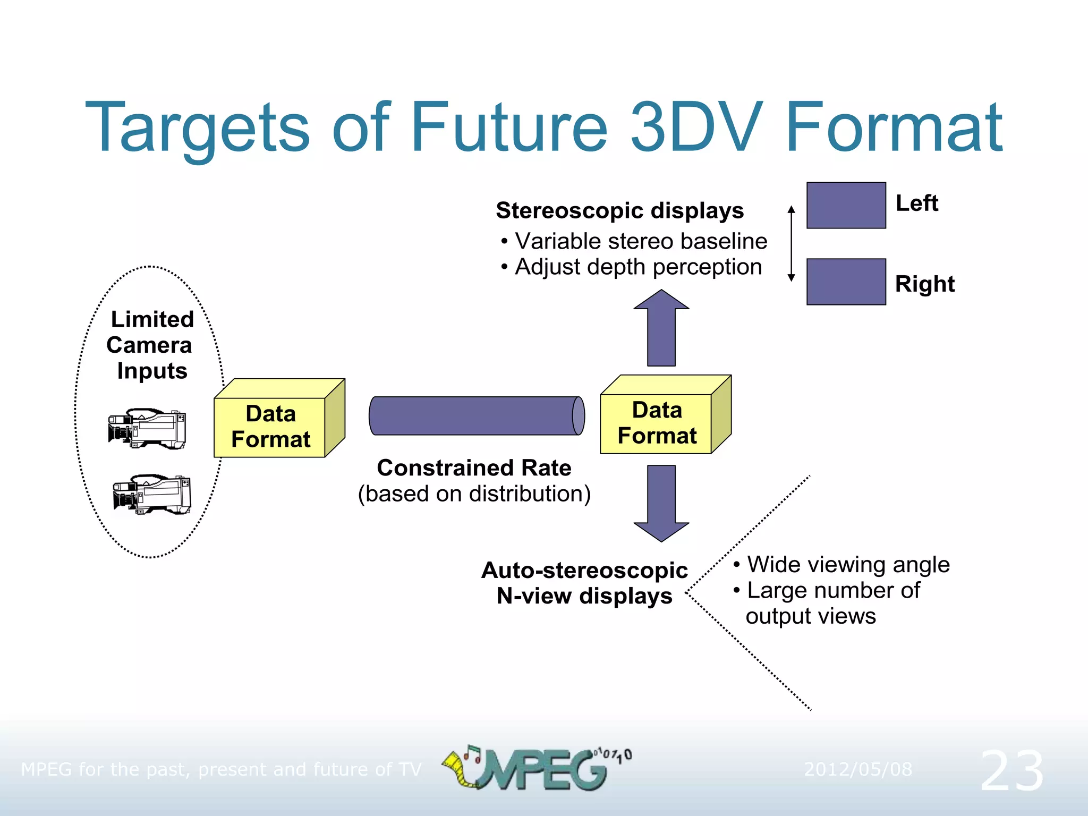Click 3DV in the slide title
click(696, 127)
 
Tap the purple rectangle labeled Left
click(846, 206)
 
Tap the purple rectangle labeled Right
click(846, 282)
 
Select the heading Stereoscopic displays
click(619, 211)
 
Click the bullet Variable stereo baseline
click(640, 241)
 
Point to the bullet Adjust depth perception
click(637, 267)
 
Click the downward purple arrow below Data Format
click(661, 502)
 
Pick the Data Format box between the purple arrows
click(657, 423)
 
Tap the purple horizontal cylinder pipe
click(475, 416)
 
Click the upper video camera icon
click(147, 428)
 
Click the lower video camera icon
click(151, 494)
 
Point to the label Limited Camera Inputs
click(151, 345)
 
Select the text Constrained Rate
click(474, 468)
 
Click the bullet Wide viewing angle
click(847, 565)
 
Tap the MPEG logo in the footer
click(537, 768)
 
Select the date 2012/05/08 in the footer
click(857, 769)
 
